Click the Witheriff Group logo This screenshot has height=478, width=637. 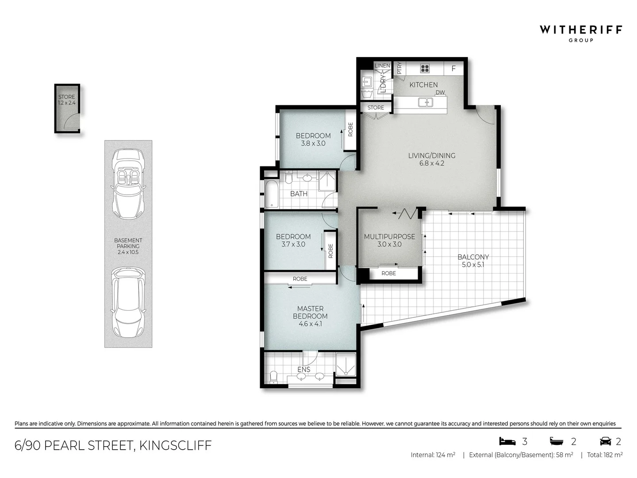pos(580,33)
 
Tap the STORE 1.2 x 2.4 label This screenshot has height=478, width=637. pos(67,100)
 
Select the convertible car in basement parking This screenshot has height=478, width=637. pos(128,184)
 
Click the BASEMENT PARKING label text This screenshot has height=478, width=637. pos(128,246)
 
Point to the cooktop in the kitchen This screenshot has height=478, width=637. pos(425,68)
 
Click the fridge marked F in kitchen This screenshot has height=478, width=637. pos(453,69)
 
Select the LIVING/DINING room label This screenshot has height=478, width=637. pos(432,159)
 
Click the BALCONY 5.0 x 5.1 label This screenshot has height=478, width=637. pos(473,261)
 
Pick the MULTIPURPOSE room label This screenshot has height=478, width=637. pos(389,240)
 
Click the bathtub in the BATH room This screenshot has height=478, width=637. pos(271,194)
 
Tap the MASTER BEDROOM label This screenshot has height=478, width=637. pos(310,316)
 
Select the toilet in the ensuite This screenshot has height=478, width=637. pos(273,377)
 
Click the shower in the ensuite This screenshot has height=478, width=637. pos(345,365)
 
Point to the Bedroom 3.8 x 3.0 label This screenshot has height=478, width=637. pos(313,139)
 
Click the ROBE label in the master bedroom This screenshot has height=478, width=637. pos(300,279)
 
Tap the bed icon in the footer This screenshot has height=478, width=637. pos(507,441)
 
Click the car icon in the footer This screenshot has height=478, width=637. pos(605,441)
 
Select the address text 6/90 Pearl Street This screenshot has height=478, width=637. pos(113,445)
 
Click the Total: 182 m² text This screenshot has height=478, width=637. pos(605,455)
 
